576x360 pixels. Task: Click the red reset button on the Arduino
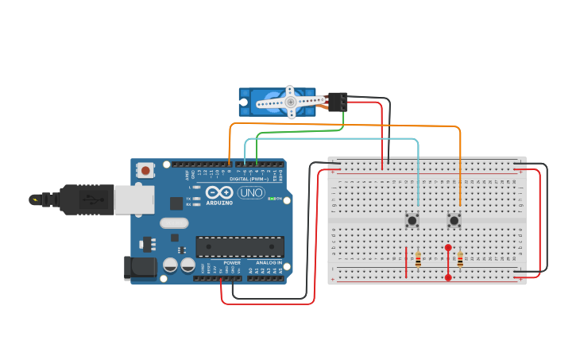pyautogui.click(x=145, y=169)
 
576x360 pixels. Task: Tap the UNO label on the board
pyautogui.click(x=250, y=192)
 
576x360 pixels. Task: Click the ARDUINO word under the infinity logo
pyautogui.click(x=219, y=203)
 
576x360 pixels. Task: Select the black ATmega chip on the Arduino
pyautogui.click(x=239, y=247)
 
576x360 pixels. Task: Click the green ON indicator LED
pyautogui.click(x=271, y=199)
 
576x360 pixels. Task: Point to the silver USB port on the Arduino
pyautogui.click(x=133, y=199)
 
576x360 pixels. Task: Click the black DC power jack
pyautogui.click(x=139, y=268)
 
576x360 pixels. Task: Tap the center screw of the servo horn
pyautogui.click(x=291, y=102)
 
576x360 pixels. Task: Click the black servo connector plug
pyautogui.click(x=338, y=102)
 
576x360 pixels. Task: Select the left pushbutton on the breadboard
pyautogui.click(x=412, y=220)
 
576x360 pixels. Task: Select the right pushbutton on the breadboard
pyautogui.click(x=454, y=220)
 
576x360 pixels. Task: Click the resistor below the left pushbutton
pyautogui.click(x=419, y=259)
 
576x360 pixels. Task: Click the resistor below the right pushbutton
pyautogui.click(x=460, y=259)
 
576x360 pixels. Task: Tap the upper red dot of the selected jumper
pyautogui.click(x=448, y=248)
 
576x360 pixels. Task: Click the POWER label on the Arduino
pyautogui.click(x=232, y=262)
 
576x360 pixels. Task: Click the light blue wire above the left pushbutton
pyautogui.click(x=418, y=175)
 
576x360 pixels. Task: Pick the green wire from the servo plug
pyautogui.click(x=318, y=131)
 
